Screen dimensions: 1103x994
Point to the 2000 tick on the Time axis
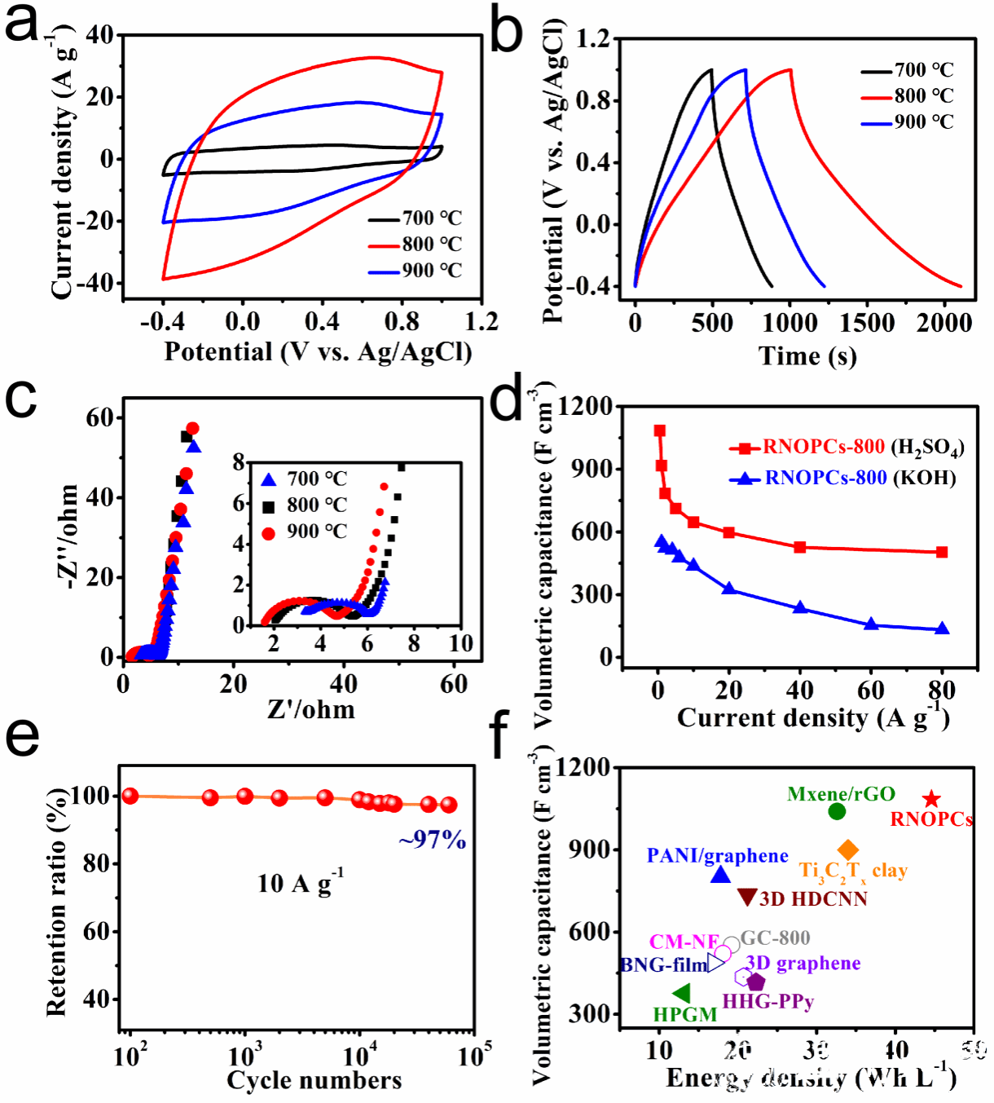tap(944, 324)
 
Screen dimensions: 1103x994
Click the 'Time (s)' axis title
tap(807, 356)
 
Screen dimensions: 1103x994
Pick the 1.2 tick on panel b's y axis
tap(592, 39)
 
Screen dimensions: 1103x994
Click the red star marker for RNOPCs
tap(931, 800)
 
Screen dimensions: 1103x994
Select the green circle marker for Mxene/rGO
tap(837, 811)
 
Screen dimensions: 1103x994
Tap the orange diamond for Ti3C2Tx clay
tap(848, 849)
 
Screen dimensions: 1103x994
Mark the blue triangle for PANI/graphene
tap(720, 875)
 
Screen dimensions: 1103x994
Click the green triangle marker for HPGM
tap(682, 993)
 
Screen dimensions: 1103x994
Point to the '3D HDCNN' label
tap(813, 898)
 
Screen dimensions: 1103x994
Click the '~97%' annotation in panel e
tap(432, 840)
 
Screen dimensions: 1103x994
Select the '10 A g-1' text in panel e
tap(301, 883)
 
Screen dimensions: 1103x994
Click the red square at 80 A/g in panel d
tap(942, 552)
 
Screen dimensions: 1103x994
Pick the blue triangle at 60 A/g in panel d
tap(871, 624)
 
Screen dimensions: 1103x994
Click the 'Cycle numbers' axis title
tap(314, 1081)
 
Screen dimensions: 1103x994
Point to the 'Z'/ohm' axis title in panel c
tap(311, 710)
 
